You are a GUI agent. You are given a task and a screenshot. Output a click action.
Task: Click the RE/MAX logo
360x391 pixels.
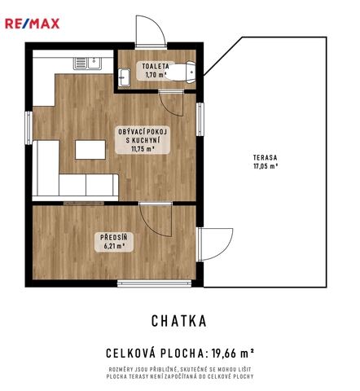coord(32,24)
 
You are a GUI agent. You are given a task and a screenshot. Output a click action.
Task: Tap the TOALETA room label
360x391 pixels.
coord(156,70)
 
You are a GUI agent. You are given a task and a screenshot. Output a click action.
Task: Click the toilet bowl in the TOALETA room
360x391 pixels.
coord(180,72)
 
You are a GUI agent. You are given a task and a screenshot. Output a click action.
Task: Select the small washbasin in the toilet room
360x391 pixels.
coord(124,77)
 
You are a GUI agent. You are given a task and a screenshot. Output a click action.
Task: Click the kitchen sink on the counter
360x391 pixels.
coord(87,64)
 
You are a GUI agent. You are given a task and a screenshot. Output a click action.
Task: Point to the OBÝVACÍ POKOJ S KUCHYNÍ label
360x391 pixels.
coord(143,140)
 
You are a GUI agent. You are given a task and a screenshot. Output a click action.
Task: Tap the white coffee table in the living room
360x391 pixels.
coord(90,150)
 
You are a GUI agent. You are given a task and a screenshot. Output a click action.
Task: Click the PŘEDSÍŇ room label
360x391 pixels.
coord(114,242)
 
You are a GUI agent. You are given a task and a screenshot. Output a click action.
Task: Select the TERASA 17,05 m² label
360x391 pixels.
coord(266,161)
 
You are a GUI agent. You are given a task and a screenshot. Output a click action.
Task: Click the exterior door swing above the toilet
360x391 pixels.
coord(151,31)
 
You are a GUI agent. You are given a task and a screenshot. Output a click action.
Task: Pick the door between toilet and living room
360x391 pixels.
coord(171,103)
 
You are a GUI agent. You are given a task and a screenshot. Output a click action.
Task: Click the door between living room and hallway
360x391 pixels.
coord(156,218)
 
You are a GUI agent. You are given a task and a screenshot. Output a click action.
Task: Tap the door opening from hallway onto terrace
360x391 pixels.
coord(214,244)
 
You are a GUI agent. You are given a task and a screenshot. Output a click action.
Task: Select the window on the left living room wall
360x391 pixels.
coord(29,128)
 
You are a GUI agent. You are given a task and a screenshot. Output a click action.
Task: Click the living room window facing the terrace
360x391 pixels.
coord(200,119)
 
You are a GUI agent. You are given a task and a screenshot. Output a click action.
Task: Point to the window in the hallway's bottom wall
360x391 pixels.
coord(154,283)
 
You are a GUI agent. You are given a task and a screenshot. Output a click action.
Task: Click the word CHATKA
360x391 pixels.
coord(179,321)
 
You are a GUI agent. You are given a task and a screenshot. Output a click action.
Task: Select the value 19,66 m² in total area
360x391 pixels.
coord(233,354)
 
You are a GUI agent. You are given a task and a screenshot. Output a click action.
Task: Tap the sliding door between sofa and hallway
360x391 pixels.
coord(84,204)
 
